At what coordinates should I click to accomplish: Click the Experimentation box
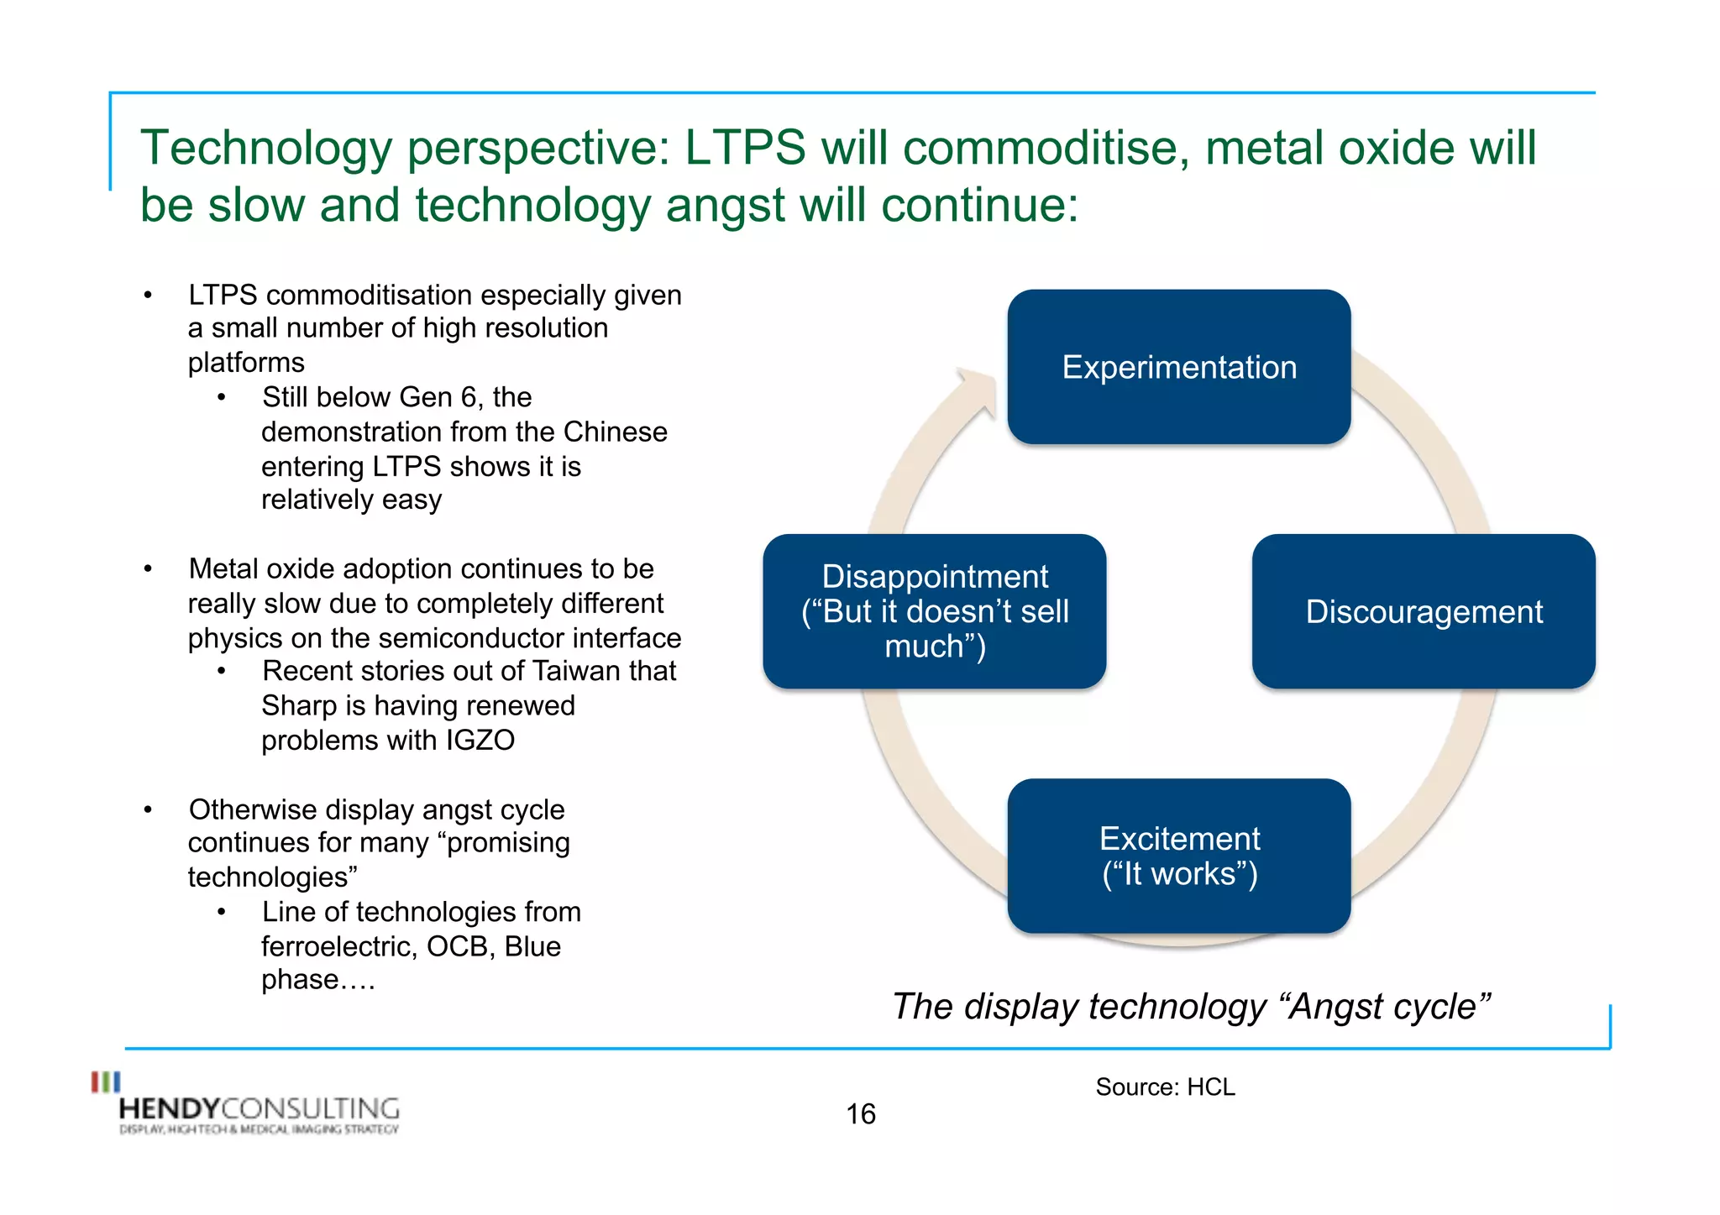click(1178, 367)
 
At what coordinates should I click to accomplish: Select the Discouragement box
click(1424, 612)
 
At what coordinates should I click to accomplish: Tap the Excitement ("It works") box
click(1178, 856)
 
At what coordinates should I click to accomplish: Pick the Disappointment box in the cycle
click(934, 612)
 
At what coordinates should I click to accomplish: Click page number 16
click(860, 1114)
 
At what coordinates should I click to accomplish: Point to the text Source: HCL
click(1165, 1087)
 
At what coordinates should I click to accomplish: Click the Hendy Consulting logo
click(248, 1107)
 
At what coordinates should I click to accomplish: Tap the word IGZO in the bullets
click(480, 741)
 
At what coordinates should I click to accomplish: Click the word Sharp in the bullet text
click(298, 706)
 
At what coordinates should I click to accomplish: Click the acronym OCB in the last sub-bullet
click(459, 947)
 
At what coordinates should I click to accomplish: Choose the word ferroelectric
click(338, 947)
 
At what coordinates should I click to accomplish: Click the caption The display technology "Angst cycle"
click(1191, 1007)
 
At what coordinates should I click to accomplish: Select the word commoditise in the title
click(1046, 149)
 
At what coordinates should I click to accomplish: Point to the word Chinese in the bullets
click(615, 432)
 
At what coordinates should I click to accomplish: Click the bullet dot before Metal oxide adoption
click(148, 569)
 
